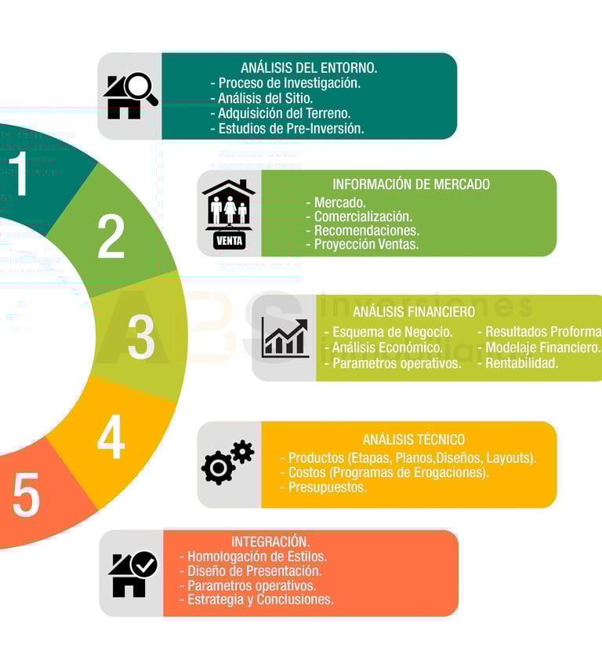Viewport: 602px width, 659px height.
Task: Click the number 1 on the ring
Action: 19,173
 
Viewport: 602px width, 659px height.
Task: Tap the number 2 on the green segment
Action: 111,236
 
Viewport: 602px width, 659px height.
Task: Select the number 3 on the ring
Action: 141,337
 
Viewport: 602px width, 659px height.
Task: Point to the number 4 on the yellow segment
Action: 111,437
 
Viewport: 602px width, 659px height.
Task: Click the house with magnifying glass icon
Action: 130,96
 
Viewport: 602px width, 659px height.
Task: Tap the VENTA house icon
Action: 229,214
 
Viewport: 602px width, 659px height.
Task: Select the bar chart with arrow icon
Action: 285,338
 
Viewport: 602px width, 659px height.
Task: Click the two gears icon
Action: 227,462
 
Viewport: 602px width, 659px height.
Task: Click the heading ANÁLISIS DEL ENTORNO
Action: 309,67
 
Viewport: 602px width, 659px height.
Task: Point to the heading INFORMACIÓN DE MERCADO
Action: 411,184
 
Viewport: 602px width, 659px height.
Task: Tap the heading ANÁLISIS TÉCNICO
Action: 413,439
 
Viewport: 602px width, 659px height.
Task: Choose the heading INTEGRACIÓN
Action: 270,541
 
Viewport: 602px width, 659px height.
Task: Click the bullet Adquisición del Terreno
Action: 284,113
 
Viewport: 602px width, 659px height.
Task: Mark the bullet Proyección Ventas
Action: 366,244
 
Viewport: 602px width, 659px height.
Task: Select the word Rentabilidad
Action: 521,362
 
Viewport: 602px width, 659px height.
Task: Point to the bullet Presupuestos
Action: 327,486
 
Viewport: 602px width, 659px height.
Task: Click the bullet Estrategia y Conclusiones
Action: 260,599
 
